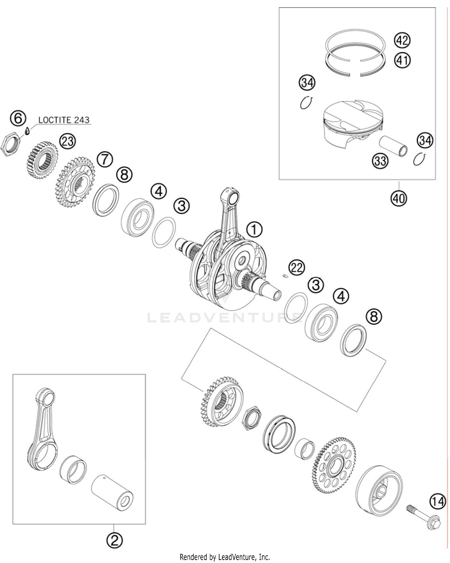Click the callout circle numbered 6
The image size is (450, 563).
[18, 118]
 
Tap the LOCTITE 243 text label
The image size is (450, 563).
[64, 120]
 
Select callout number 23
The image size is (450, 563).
[67, 141]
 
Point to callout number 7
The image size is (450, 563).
[105, 160]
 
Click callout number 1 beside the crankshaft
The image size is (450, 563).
[254, 230]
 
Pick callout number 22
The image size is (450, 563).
[296, 267]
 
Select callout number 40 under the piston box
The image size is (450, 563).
[399, 198]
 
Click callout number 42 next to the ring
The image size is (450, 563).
[402, 40]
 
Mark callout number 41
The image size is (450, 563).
[402, 61]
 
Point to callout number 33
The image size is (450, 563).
[380, 161]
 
